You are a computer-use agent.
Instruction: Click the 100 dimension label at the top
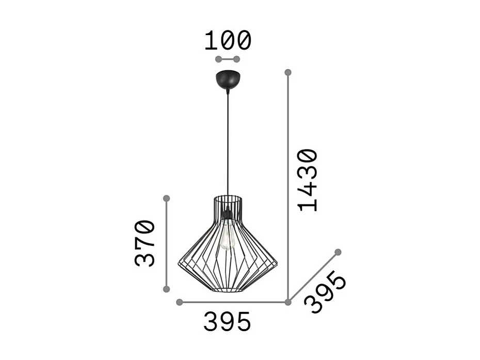point(228,41)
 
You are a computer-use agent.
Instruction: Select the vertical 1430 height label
point(308,180)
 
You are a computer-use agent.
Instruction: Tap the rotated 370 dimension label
point(145,243)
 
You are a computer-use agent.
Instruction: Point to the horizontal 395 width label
point(227,322)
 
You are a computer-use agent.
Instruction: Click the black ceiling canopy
point(227,80)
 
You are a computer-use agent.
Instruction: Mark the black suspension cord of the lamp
point(227,145)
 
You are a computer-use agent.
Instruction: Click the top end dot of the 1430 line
point(288,72)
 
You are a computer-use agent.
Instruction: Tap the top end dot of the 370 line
point(166,198)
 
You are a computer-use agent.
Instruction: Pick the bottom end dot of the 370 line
point(166,289)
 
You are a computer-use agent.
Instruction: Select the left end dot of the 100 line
point(218,59)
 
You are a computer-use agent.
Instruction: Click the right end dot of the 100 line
point(237,59)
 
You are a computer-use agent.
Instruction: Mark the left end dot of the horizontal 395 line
point(179,302)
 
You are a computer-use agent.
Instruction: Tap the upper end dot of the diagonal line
point(338,252)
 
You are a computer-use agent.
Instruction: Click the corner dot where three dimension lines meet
point(288,302)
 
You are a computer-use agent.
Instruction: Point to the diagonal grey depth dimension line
point(313,277)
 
